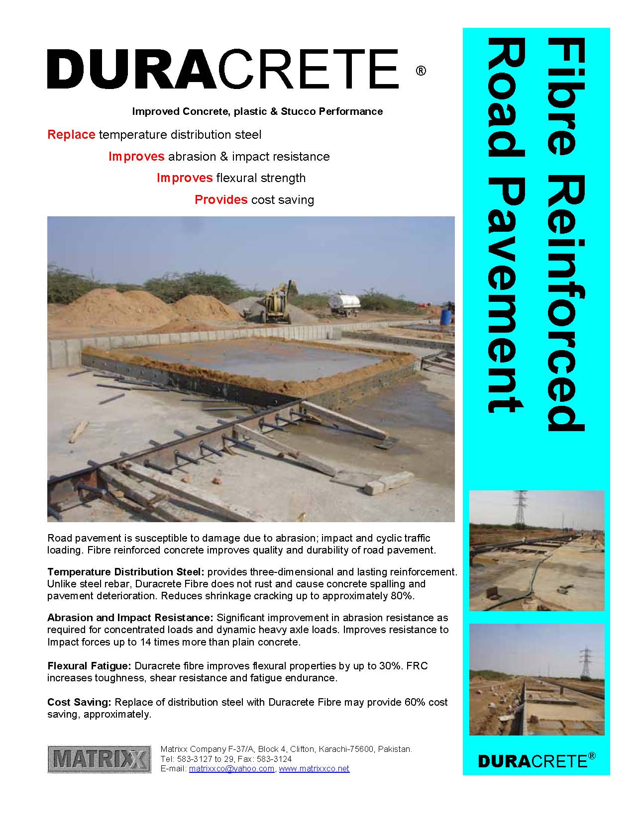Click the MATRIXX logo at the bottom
pyautogui.click(x=99, y=759)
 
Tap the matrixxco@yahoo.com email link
pyautogui.click(x=231, y=768)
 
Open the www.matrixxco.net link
pyautogui.click(x=314, y=768)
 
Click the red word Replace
pyautogui.click(x=71, y=135)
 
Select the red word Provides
pyautogui.click(x=221, y=200)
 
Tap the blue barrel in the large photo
pyautogui.click(x=446, y=317)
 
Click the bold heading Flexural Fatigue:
pyautogui.click(x=89, y=666)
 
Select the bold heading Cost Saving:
pyautogui.click(x=79, y=702)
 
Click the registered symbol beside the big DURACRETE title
pyautogui.click(x=421, y=71)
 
